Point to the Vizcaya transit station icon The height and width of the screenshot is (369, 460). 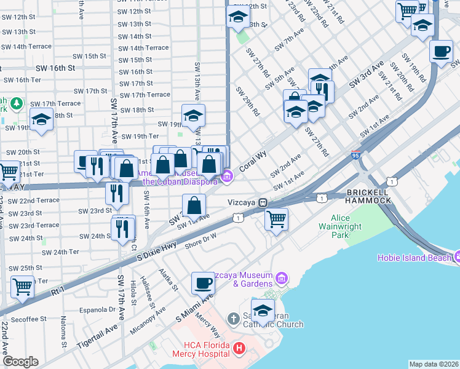click(263, 202)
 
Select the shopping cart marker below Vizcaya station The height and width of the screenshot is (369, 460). click(276, 219)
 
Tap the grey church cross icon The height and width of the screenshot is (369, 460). click(232, 319)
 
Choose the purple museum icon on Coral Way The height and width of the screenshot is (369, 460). click(228, 177)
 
